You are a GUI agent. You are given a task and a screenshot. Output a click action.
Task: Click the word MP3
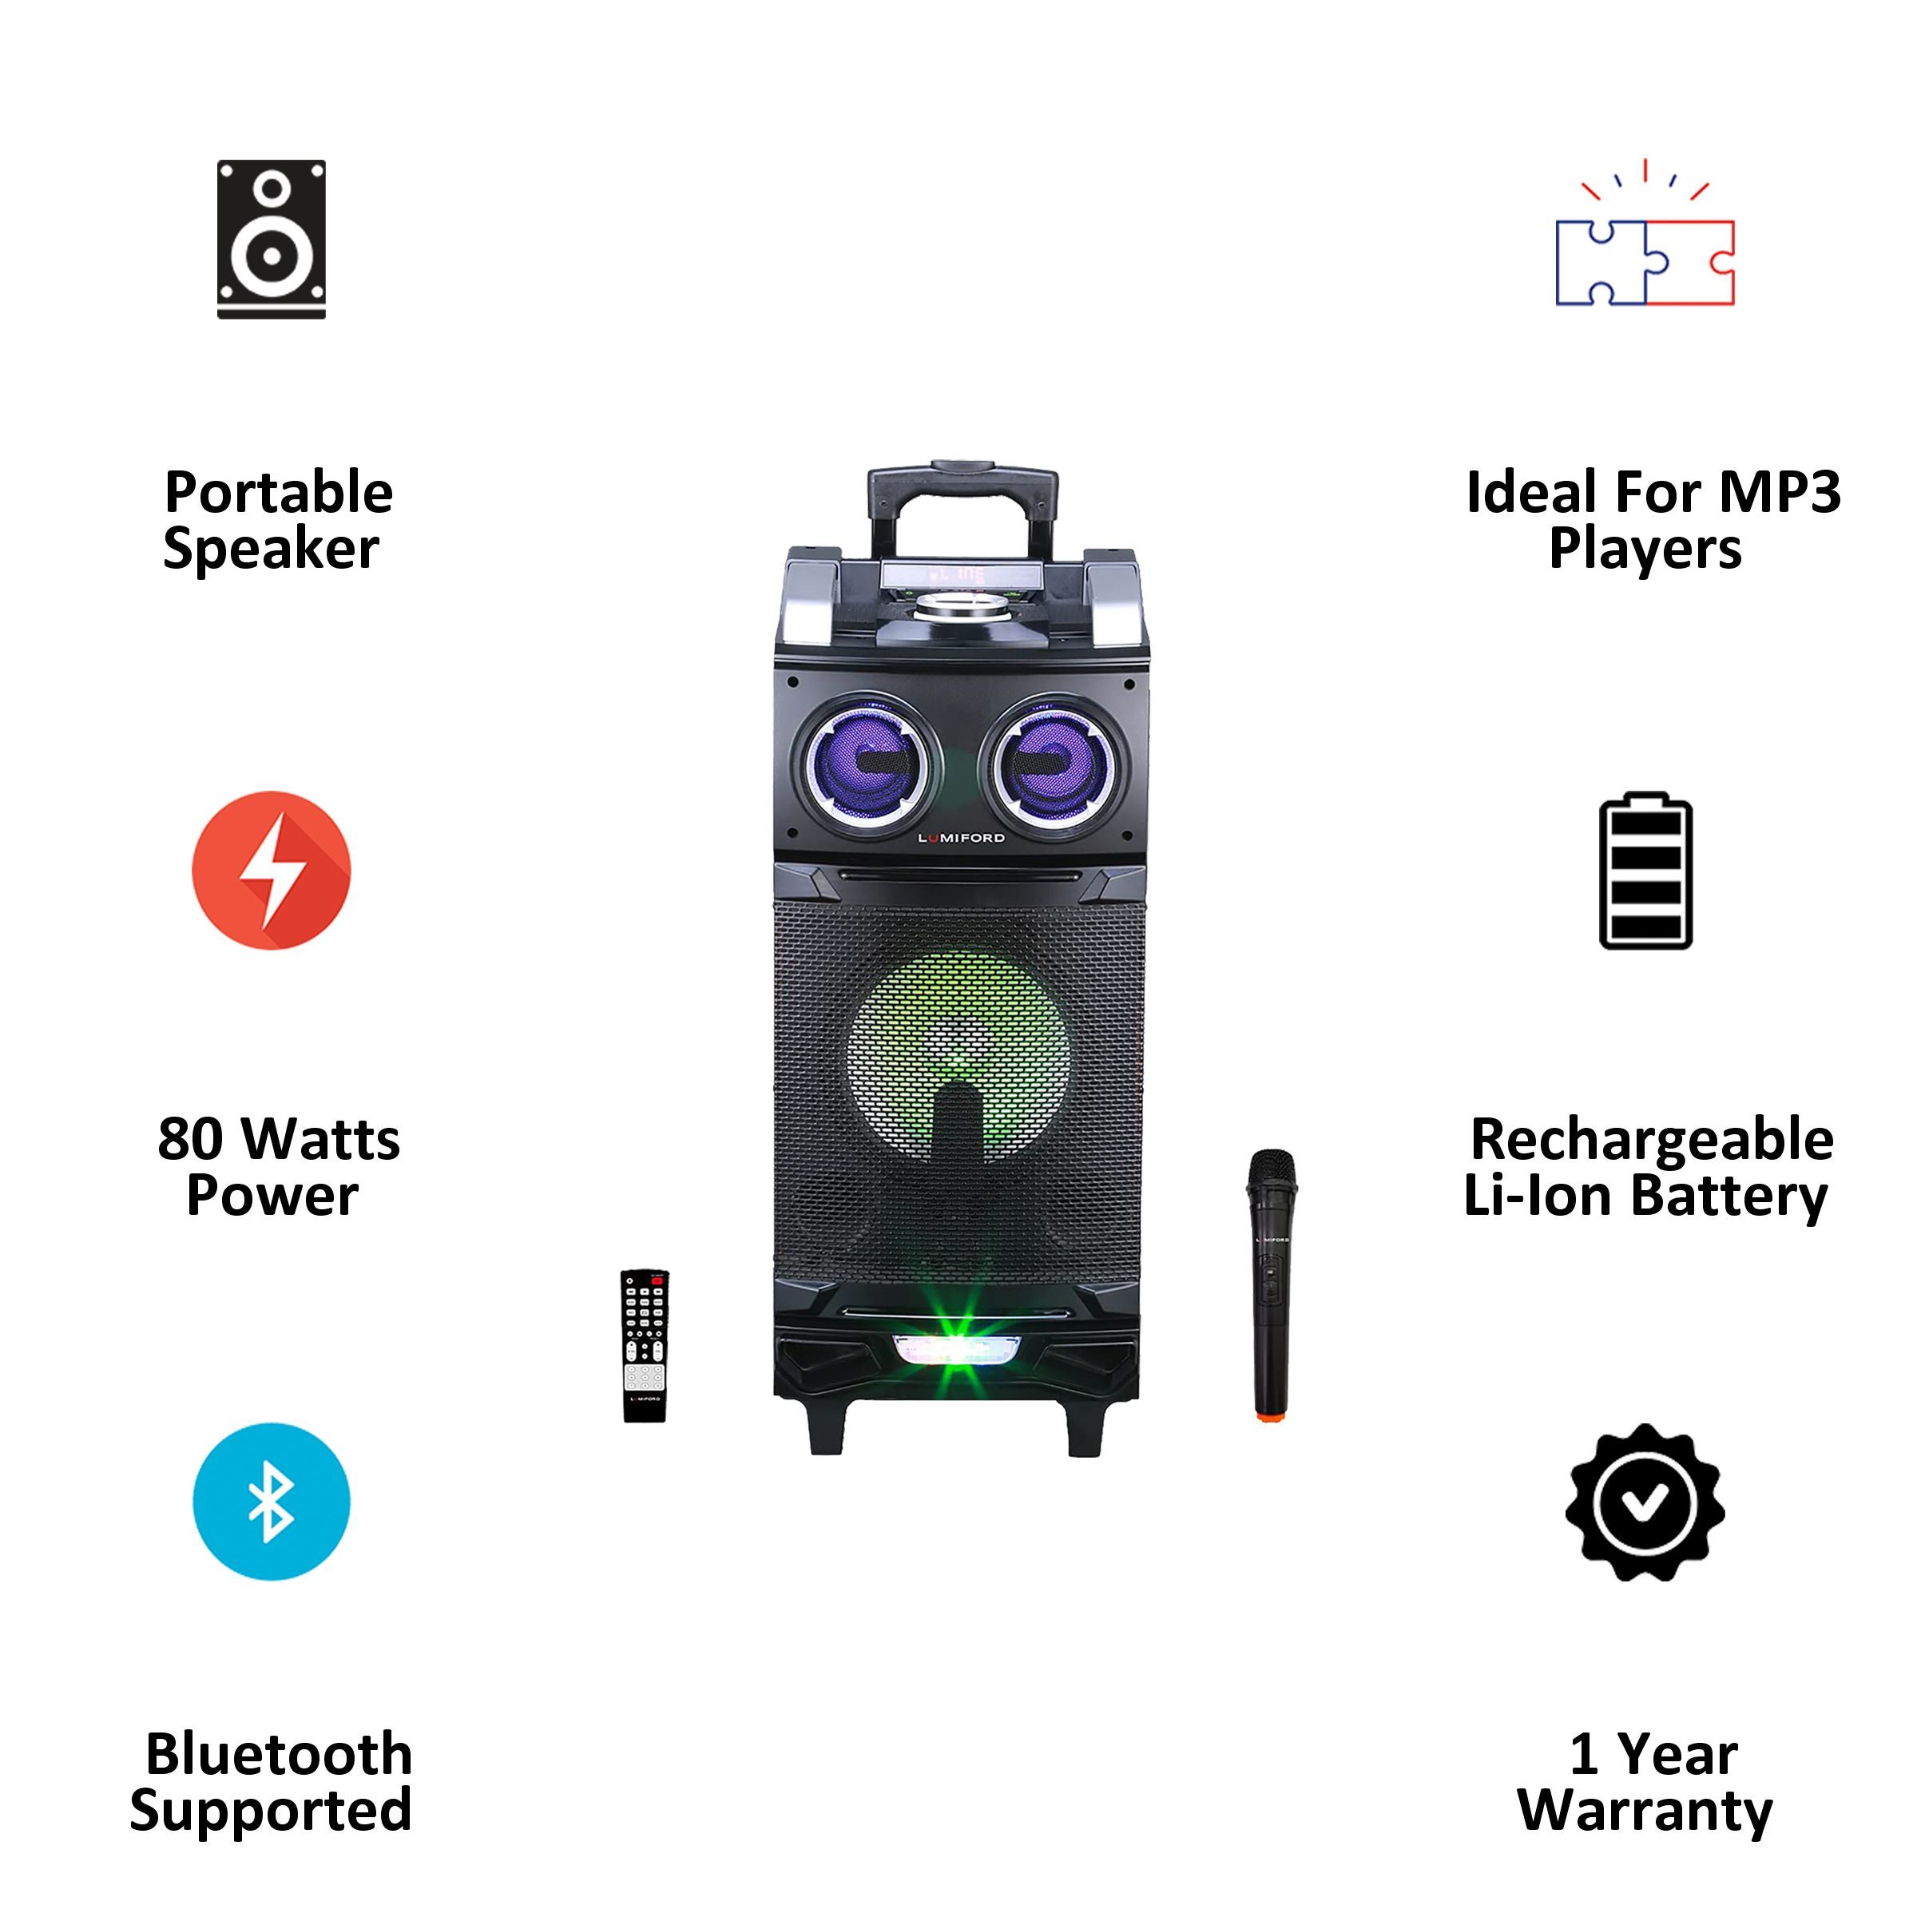1787,493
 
